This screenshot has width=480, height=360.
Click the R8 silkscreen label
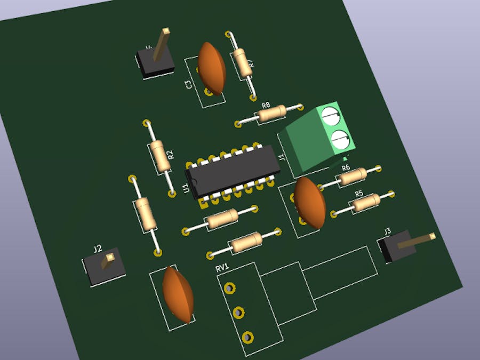tap(266, 106)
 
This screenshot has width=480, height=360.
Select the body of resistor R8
tap(271, 114)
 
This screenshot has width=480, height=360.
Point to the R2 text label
tap(171, 155)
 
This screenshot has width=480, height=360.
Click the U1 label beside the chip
tap(186, 188)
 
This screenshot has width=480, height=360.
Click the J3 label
tap(388, 231)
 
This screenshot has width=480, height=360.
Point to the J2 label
tap(98, 249)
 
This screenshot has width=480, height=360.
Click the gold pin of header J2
tap(109, 259)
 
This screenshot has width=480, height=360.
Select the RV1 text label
tap(222, 268)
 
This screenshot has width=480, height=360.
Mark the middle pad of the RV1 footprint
tap(238, 312)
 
